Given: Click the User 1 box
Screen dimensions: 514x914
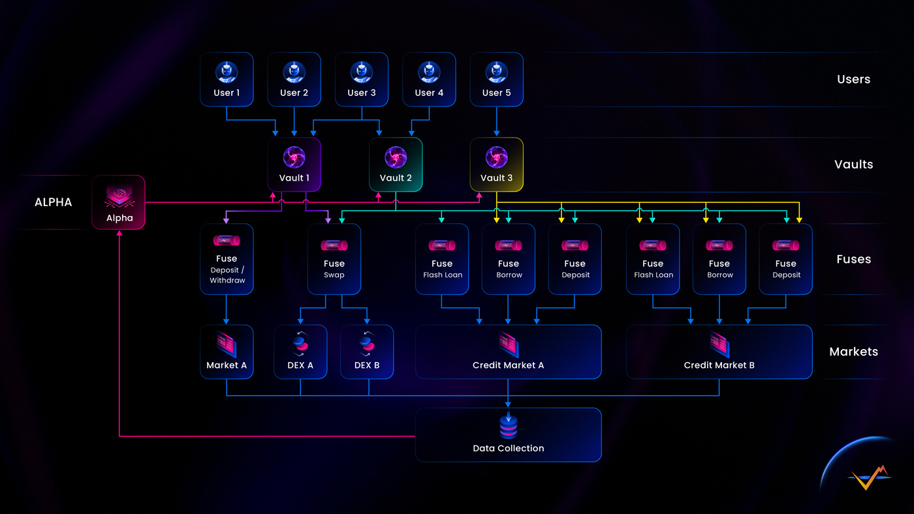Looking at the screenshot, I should (227, 79).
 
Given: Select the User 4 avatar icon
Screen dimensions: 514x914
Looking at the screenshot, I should (429, 72).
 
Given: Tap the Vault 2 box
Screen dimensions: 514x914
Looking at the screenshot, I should (396, 164).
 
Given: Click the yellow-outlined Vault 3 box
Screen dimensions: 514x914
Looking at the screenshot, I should (497, 164).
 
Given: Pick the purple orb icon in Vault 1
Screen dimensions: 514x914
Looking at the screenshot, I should (294, 157).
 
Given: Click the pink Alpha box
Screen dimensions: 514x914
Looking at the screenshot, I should (119, 202).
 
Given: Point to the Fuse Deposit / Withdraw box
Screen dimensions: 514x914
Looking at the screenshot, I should (227, 259).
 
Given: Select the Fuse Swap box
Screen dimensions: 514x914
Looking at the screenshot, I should (334, 259).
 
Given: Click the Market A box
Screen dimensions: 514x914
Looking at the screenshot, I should (227, 352).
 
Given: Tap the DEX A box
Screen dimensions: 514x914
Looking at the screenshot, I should (300, 352).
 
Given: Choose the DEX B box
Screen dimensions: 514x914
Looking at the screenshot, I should (368, 352).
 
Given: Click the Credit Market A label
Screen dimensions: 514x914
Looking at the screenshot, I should (508, 365).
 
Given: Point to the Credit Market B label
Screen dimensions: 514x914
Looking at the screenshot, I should (719, 365).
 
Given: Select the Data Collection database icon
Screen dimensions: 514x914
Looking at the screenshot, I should (508, 425).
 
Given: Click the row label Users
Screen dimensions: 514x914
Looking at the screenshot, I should (853, 80).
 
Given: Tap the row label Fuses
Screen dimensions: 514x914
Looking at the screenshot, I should (853, 259).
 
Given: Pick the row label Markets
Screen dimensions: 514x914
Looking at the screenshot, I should (853, 352).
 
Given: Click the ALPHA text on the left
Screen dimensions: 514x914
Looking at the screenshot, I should (53, 202).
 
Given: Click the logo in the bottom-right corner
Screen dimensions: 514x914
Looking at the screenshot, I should (869, 477).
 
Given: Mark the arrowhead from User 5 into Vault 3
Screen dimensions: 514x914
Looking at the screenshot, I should (497, 134).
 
